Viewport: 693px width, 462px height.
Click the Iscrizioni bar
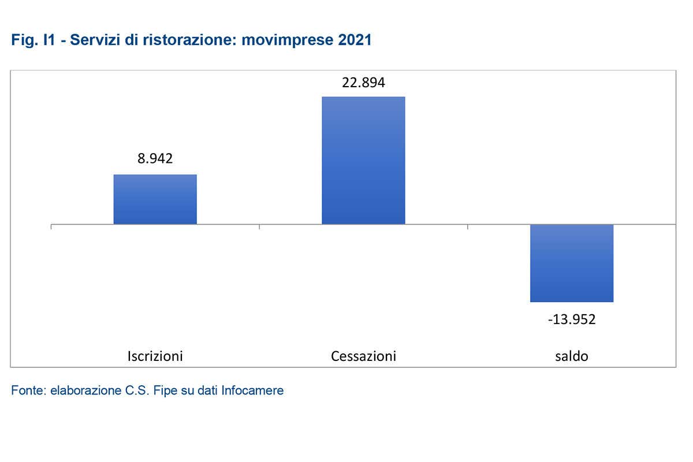tap(155, 199)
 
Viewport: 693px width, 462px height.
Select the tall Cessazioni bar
tap(363, 160)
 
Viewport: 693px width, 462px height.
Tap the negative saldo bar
tap(572, 263)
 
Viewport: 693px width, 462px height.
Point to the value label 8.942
tap(155, 159)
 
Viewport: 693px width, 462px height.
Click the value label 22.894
tap(363, 82)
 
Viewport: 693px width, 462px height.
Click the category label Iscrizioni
tap(155, 356)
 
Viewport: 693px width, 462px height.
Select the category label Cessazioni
tap(363, 356)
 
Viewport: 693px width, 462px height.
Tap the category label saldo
tap(572, 356)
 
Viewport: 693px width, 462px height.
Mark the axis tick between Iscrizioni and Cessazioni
tap(259, 226)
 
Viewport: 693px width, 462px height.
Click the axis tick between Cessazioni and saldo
tap(467, 226)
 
